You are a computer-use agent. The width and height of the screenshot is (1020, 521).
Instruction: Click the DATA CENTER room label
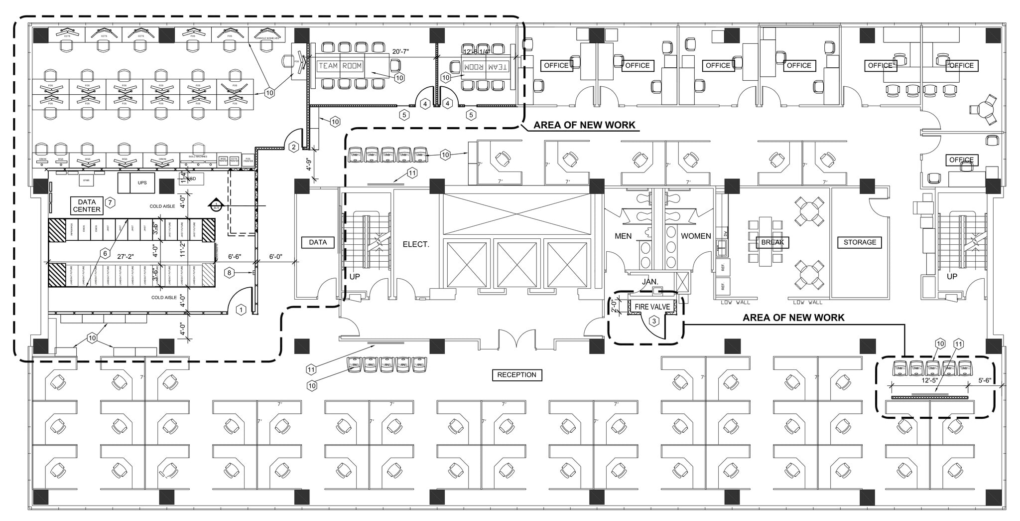pyautogui.click(x=87, y=206)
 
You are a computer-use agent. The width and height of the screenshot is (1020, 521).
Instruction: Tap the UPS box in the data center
pyautogui.click(x=142, y=182)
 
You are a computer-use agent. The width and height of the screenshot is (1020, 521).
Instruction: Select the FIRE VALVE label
pyautogui.click(x=652, y=307)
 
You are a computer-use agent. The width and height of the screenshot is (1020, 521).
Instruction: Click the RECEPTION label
pyautogui.click(x=516, y=375)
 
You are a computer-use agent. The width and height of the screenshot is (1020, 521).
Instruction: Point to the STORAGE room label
pyautogui.click(x=860, y=242)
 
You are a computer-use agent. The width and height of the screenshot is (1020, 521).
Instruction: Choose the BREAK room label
pyautogui.click(x=772, y=242)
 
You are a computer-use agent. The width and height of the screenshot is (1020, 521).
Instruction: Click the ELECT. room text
pyautogui.click(x=416, y=244)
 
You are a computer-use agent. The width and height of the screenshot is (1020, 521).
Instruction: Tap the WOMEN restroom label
pyautogui.click(x=696, y=236)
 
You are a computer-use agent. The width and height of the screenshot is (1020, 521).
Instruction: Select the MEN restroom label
pyautogui.click(x=623, y=236)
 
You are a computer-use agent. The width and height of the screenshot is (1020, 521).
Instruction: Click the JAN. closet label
pyautogui.click(x=650, y=282)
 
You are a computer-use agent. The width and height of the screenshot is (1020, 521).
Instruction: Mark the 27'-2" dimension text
pyautogui.click(x=126, y=256)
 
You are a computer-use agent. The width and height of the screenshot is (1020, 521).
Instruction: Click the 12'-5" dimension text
pyautogui.click(x=929, y=380)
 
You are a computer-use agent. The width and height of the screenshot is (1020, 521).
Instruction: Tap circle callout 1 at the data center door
pyautogui.click(x=241, y=310)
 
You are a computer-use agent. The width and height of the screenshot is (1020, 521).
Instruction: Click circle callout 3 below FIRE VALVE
pyautogui.click(x=654, y=322)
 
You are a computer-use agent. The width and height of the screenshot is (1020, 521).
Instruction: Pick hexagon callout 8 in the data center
pyautogui.click(x=229, y=273)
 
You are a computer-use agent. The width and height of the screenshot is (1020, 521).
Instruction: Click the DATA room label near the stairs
pyautogui.click(x=318, y=242)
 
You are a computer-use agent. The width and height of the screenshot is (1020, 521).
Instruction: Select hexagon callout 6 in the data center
pyautogui.click(x=105, y=253)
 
